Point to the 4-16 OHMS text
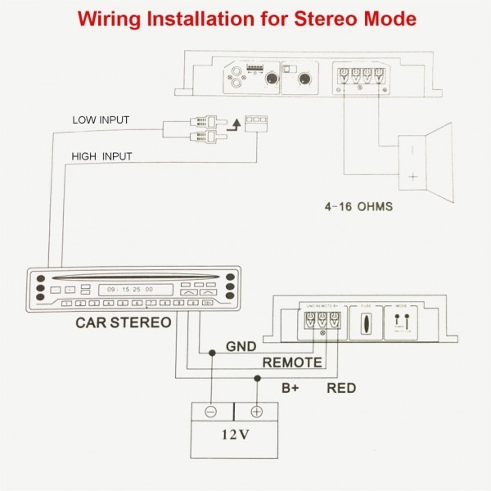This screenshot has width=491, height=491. coord(357,206)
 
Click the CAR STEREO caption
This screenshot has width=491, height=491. coord(123,322)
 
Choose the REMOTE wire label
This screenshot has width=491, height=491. coord(290,362)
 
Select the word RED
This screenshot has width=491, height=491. coord(340,387)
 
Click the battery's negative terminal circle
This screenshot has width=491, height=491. coord(210,412)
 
